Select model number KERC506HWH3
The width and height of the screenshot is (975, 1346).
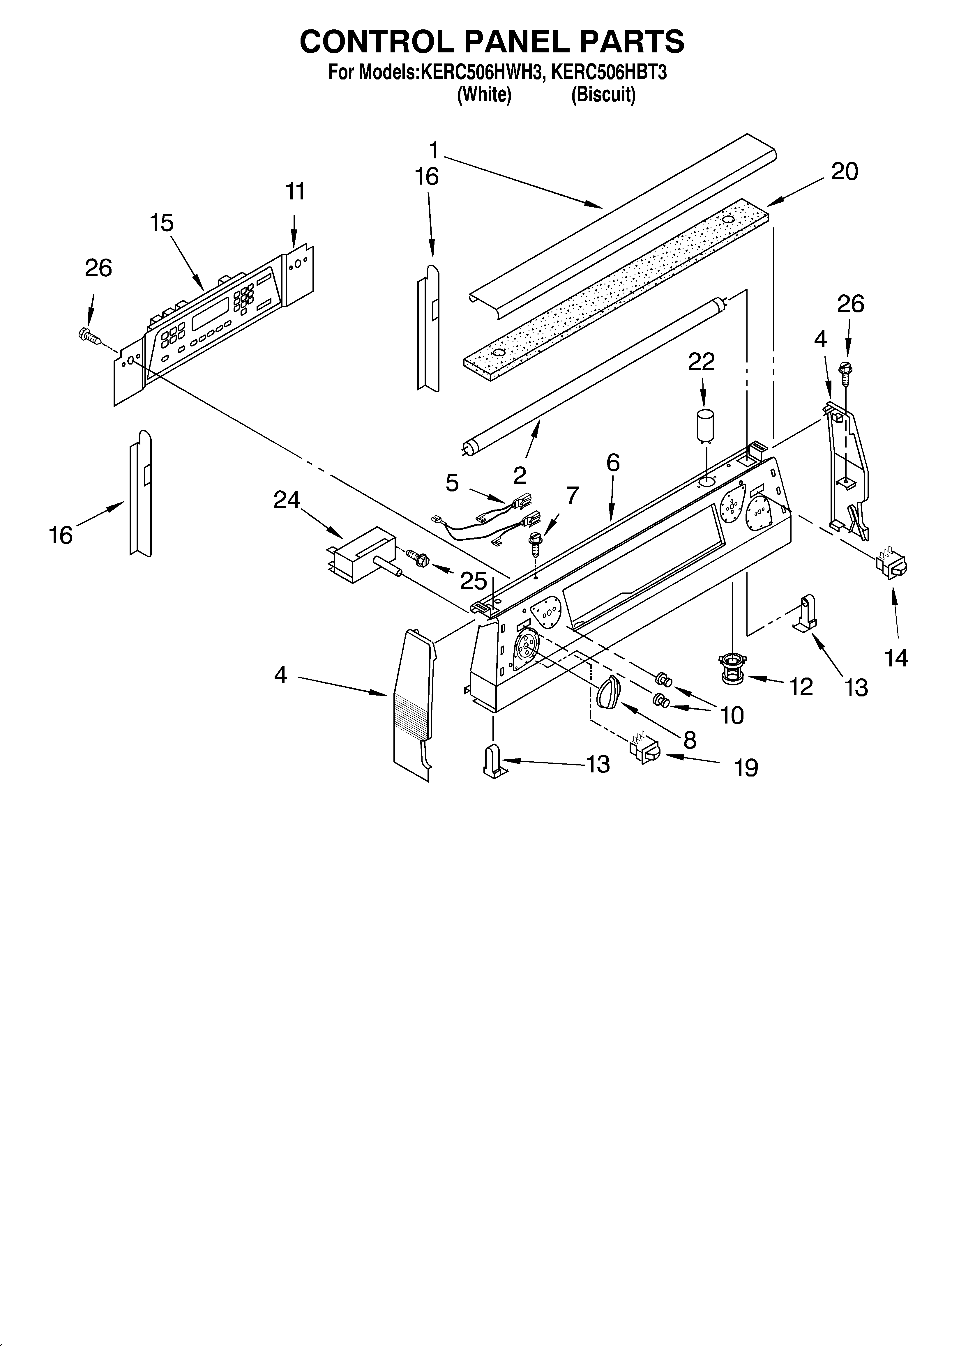click(482, 72)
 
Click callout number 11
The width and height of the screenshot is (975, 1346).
click(295, 192)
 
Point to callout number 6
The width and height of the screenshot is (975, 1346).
click(613, 462)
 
